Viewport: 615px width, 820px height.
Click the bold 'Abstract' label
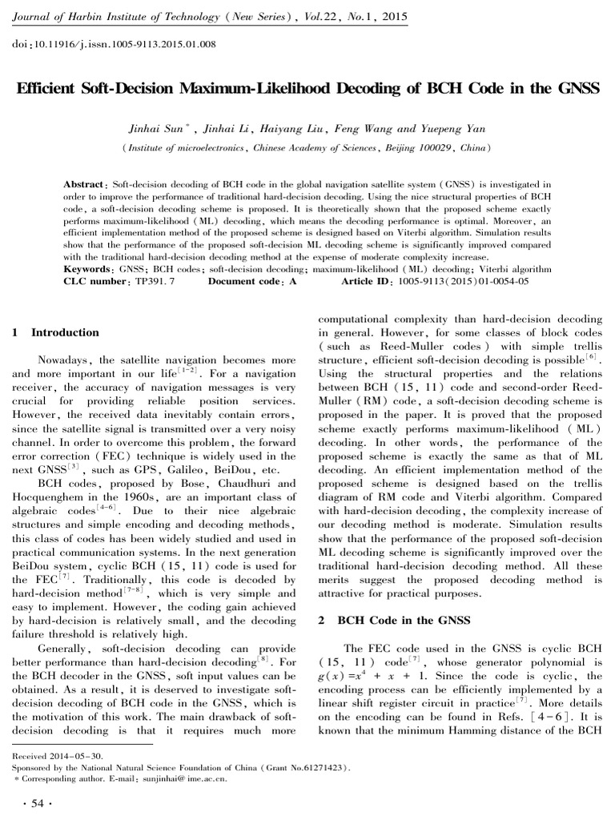[86, 184]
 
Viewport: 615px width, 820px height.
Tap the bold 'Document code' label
[243, 283]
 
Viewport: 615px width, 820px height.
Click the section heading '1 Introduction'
[57, 332]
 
